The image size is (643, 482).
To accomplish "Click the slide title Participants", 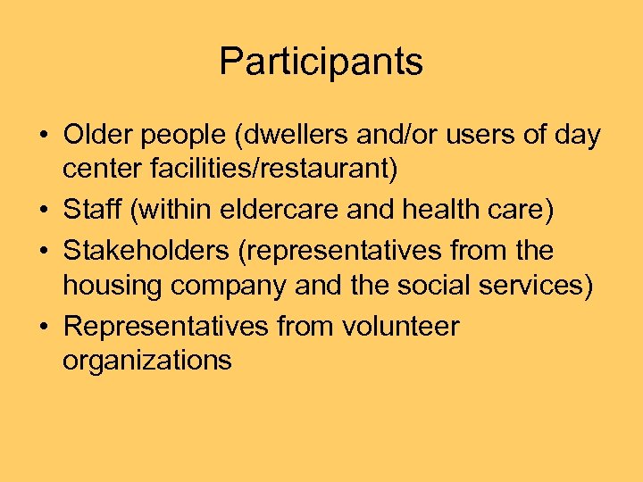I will [x=321, y=62].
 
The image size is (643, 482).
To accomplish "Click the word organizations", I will [x=147, y=361].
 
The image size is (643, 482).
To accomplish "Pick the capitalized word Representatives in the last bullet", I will [x=166, y=327].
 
